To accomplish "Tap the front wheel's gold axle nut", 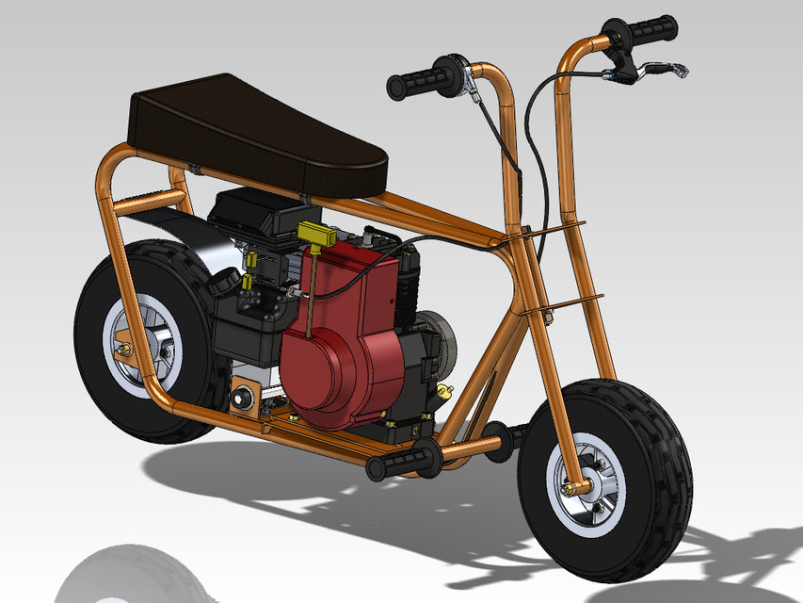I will click(x=571, y=488).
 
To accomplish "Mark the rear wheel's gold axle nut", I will click(x=122, y=350).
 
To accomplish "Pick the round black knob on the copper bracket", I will click(x=249, y=399).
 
